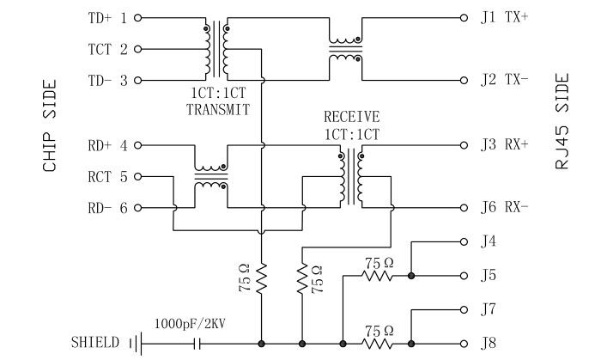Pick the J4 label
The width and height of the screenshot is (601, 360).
coord(489,241)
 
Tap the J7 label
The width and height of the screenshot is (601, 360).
coord(489,308)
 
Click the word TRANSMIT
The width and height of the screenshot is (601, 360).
coord(217,110)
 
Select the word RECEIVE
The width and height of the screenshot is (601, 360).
coord(351,117)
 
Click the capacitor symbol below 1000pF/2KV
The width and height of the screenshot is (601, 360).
coord(199,344)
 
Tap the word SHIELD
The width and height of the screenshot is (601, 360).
coord(95,344)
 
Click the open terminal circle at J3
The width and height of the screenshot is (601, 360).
coord(464,145)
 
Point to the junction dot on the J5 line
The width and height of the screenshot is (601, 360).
coord(412,276)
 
